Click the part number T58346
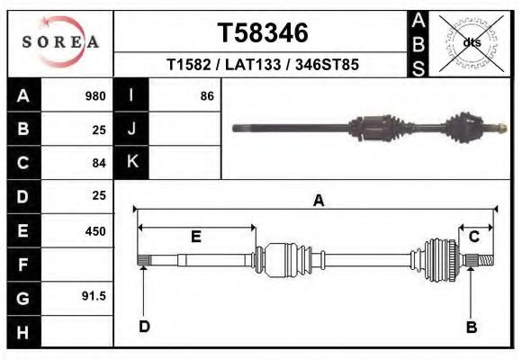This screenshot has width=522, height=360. (263, 33)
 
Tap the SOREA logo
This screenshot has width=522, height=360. (59, 42)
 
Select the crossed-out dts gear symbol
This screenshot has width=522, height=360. (472, 42)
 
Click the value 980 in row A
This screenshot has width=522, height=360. (94, 96)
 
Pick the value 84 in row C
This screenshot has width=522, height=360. (99, 163)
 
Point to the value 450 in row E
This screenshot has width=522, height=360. (94, 230)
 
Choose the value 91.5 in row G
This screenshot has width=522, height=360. (94, 296)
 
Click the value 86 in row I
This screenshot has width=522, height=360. (206, 96)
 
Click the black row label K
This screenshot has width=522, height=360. (131, 162)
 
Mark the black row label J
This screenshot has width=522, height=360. (131, 130)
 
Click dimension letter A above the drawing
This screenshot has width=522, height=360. (318, 202)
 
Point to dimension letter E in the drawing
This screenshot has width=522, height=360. (195, 238)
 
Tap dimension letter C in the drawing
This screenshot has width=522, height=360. (473, 237)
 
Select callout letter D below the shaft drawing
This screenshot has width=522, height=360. (143, 327)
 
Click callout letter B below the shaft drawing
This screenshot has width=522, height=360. (471, 327)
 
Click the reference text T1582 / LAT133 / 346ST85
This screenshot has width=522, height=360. (263, 66)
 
